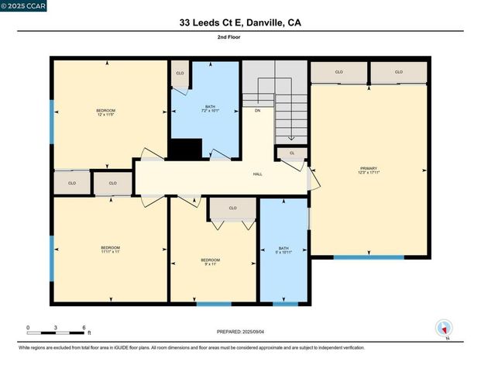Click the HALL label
point(257,174)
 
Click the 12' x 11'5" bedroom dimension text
point(105,113)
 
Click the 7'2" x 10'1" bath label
point(210,110)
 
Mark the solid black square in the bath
point(185,150)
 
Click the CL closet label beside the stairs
point(292,153)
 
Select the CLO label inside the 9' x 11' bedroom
point(233,208)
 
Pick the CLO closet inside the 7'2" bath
point(180,73)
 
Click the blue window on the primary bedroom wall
point(357,257)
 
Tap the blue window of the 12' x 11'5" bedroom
point(52,122)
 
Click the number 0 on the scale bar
point(28,328)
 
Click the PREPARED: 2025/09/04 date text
point(241,332)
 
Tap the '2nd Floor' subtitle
point(240,36)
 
